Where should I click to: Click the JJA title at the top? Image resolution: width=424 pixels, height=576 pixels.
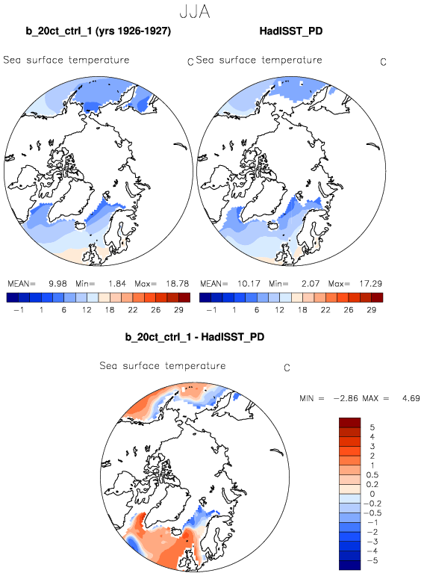click(x=195, y=12)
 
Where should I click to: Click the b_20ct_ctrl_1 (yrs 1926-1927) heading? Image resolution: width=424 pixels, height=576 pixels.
click(x=99, y=31)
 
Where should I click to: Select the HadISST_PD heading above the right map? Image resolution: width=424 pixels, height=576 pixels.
click(x=291, y=31)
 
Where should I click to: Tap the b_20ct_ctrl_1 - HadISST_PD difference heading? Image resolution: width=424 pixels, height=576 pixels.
click(x=195, y=337)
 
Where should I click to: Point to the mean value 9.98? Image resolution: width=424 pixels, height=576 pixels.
click(x=57, y=284)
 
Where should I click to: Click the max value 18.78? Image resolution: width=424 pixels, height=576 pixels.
click(x=177, y=284)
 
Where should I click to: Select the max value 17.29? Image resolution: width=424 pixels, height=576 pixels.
click(x=370, y=284)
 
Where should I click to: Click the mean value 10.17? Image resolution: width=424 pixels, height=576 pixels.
click(x=249, y=284)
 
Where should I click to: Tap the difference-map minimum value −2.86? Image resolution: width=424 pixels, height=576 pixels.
click(x=346, y=398)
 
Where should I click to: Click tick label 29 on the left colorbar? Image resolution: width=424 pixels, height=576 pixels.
click(x=178, y=310)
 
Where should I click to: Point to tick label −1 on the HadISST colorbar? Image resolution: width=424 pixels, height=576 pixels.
click(x=211, y=310)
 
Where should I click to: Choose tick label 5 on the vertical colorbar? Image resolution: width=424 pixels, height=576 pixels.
click(x=372, y=427)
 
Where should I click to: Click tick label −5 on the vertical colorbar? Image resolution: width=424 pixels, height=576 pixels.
click(x=372, y=560)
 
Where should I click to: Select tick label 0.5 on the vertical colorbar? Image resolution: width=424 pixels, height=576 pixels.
click(x=372, y=475)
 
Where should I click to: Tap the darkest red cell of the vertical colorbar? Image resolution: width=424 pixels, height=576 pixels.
click(x=350, y=422)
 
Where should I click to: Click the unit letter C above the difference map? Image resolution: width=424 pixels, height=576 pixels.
click(x=287, y=368)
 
